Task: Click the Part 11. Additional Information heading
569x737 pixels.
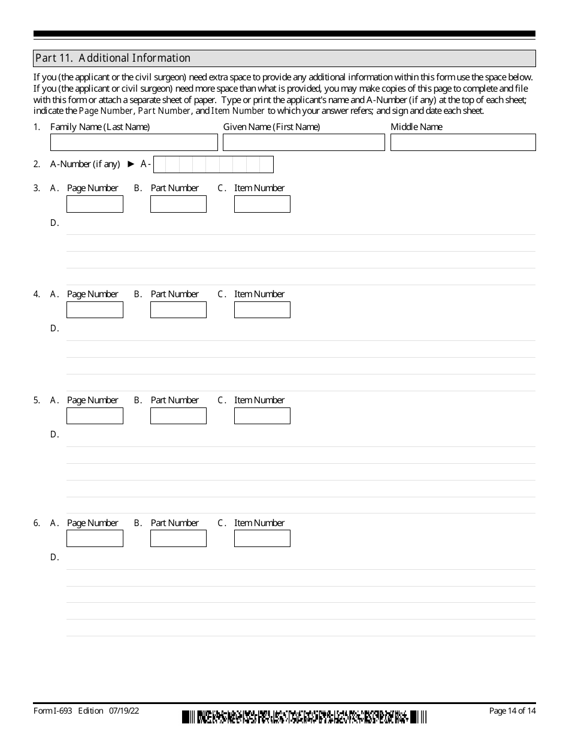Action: (x=113, y=58)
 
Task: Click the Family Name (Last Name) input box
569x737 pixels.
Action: (x=134, y=143)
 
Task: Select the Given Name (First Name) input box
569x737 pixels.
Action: (x=304, y=143)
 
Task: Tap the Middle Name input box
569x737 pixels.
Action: (x=463, y=143)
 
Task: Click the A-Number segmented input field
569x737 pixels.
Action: (x=213, y=164)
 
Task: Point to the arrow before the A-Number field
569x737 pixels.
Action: (x=131, y=164)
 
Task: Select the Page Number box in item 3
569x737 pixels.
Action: (x=95, y=204)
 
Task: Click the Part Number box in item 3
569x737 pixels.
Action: (x=178, y=204)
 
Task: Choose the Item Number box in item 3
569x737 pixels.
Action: (x=262, y=204)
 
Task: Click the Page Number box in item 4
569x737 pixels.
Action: (x=95, y=310)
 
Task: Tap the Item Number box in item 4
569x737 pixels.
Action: (x=262, y=310)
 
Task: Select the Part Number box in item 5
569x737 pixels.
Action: (x=178, y=416)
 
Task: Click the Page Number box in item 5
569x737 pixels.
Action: (x=95, y=416)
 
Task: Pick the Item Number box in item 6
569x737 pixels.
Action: (x=262, y=539)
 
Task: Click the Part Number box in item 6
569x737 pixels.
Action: (x=178, y=539)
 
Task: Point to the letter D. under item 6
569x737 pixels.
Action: (x=55, y=557)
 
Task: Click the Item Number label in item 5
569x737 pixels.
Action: (x=259, y=400)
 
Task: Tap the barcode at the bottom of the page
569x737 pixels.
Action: (x=304, y=717)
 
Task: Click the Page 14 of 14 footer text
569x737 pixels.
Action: (x=512, y=711)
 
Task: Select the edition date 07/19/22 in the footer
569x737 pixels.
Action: (x=124, y=711)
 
